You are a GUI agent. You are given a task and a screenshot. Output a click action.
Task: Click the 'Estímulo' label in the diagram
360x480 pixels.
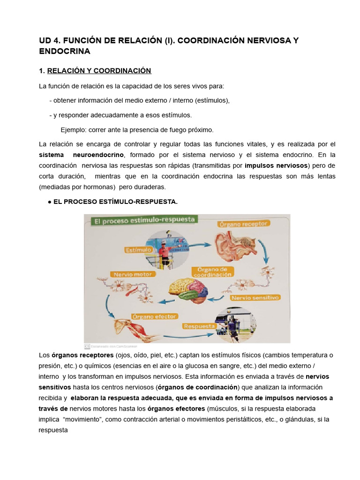[x=138, y=250]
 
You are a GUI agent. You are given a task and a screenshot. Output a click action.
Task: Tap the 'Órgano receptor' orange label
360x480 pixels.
[x=243, y=224]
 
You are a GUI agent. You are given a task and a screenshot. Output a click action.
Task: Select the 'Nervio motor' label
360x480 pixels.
[x=130, y=274]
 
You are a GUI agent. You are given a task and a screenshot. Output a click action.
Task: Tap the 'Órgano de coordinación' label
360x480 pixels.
[x=212, y=272]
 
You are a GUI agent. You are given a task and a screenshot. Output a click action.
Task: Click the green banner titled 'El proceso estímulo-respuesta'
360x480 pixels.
[x=141, y=220]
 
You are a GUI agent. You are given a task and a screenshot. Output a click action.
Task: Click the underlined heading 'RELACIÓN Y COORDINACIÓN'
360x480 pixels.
[x=99, y=71]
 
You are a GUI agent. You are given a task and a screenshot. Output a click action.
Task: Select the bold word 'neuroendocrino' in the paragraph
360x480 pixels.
[x=98, y=155]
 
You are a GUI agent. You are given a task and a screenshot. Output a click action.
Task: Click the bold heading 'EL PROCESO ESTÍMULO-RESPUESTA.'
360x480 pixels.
[x=116, y=202]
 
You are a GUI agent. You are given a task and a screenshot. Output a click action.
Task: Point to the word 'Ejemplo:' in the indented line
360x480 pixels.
[x=74, y=129]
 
